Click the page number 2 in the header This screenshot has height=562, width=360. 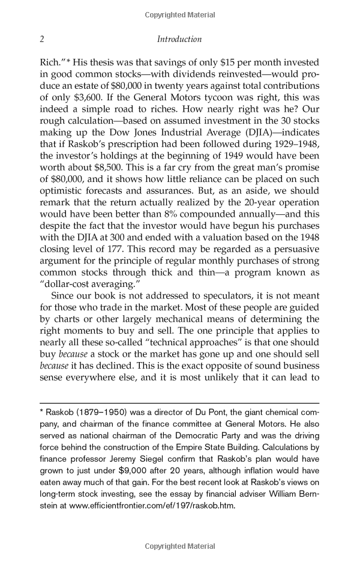42,40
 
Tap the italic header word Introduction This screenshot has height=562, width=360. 179,40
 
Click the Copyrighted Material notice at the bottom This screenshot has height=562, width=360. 179,546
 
